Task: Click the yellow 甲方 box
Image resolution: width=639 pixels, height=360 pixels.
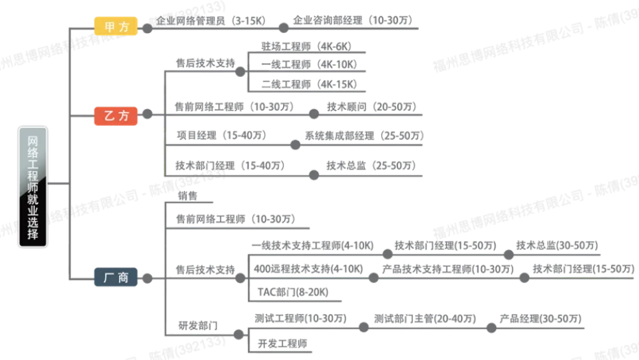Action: click(x=115, y=27)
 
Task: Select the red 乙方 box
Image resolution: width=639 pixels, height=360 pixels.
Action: click(x=115, y=116)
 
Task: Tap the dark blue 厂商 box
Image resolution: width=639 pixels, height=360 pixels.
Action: click(x=115, y=278)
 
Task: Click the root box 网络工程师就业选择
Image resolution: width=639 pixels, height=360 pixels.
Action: click(x=32, y=187)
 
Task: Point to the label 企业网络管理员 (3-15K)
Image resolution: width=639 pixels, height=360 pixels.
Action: click(x=211, y=21)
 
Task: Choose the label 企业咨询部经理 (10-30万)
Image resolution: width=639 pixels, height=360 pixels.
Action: click(x=353, y=20)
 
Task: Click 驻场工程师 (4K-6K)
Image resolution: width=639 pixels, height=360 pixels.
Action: click(x=306, y=47)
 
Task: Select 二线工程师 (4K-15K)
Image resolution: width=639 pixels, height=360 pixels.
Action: click(x=309, y=85)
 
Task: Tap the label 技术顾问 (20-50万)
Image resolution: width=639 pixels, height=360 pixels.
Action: click(x=372, y=106)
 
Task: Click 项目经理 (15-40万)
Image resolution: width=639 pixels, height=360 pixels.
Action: click(x=222, y=135)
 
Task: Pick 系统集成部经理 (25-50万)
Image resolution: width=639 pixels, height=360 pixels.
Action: click(x=364, y=136)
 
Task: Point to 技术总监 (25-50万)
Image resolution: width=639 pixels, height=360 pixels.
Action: click(x=371, y=166)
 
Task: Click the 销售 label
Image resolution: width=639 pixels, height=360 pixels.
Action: click(x=188, y=196)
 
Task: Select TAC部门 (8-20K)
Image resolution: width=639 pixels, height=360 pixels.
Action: click(x=293, y=292)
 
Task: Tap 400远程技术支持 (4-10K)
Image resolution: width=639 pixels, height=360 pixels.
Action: click(x=309, y=269)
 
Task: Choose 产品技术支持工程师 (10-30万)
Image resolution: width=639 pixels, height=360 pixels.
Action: click(x=448, y=269)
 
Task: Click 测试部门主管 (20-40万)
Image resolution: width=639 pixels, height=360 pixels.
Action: click(x=425, y=318)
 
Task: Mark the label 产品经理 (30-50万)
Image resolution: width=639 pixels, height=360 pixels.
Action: click(x=541, y=318)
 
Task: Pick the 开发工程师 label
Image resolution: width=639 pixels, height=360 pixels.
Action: click(x=282, y=344)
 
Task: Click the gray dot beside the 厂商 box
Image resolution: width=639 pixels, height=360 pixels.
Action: click(x=147, y=278)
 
